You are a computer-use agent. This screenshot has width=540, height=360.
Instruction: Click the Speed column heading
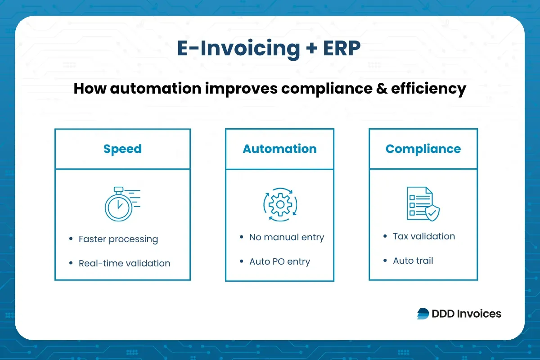pyautogui.click(x=122, y=149)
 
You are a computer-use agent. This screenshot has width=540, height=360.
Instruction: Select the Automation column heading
pyautogui.click(x=279, y=149)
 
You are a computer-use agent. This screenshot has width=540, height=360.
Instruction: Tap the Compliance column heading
pyautogui.click(x=423, y=149)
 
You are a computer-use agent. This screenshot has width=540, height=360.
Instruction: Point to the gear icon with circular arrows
pyautogui.click(x=280, y=205)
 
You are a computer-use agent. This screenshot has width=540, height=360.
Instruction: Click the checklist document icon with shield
pyautogui.click(x=423, y=204)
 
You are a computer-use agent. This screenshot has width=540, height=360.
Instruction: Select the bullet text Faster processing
pyautogui.click(x=118, y=239)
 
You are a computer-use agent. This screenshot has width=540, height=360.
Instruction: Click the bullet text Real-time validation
pyautogui.click(x=124, y=263)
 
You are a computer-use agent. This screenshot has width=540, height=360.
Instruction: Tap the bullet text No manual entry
pyautogui.click(x=287, y=237)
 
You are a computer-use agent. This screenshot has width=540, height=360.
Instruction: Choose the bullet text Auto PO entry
pyautogui.click(x=279, y=261)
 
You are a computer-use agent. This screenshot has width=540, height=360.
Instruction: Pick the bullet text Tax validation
pyautogui.click(x=423, y=236)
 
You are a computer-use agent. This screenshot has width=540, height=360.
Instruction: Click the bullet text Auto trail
pyautogui.click(x=413, y=261)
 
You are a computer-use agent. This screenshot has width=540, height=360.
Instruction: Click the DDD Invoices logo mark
pyautogui.click(x=423, y=314)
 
